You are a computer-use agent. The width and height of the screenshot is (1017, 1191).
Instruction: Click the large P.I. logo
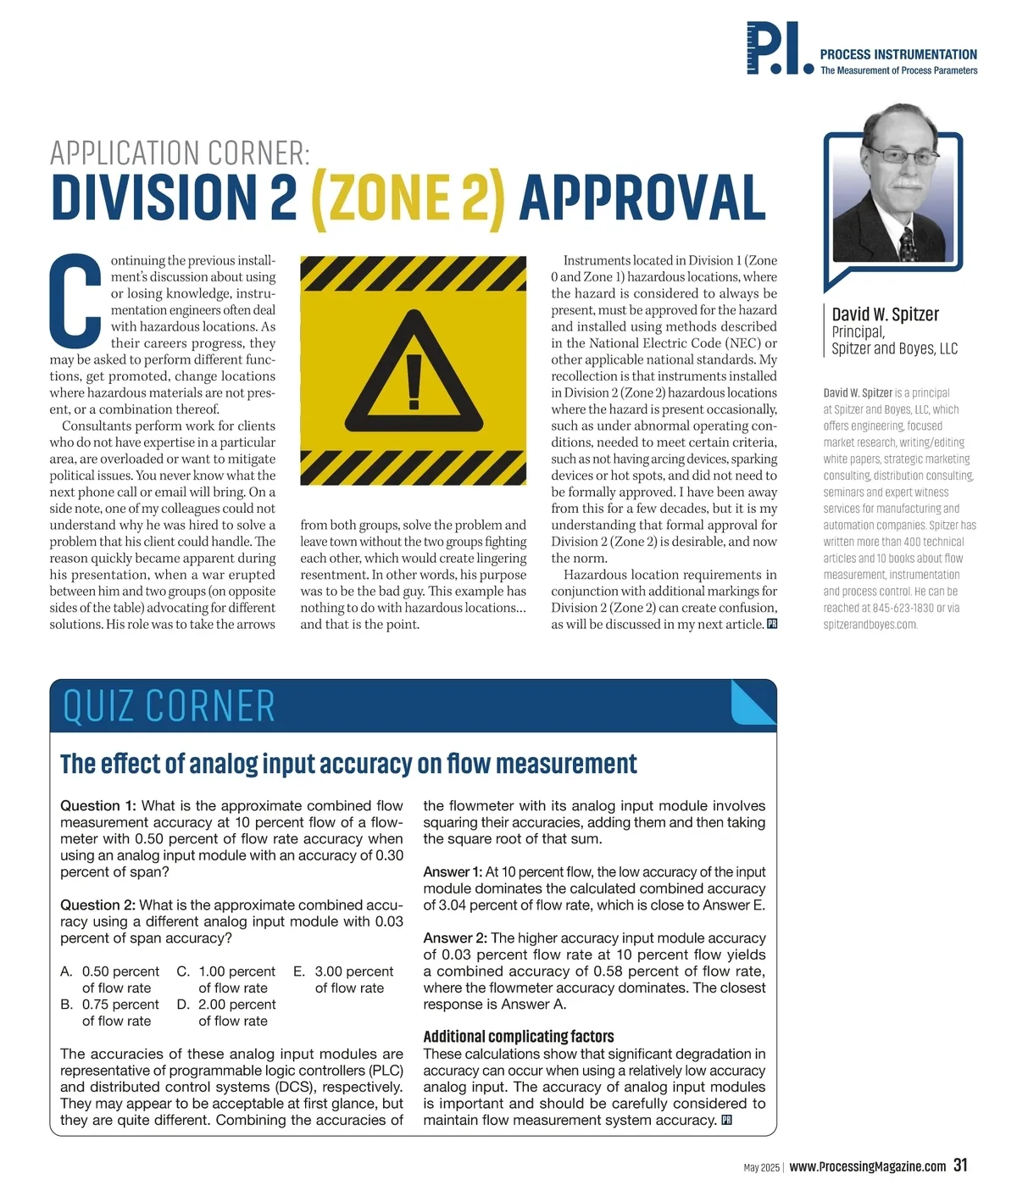point(779,50)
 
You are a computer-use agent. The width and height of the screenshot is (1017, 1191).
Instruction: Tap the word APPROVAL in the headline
point(642,198)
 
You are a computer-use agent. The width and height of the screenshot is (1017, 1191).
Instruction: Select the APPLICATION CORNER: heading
point(180,153)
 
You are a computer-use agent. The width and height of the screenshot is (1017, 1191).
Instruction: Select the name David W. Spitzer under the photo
point(885,314)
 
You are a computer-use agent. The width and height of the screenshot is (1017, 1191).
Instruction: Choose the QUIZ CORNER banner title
point(169,707)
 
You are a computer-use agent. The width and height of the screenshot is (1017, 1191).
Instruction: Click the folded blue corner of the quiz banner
point(753,701)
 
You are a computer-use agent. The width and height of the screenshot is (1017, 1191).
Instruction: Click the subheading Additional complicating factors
point(519,1036)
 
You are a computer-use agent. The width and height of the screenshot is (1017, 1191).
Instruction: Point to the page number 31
point(960,1165)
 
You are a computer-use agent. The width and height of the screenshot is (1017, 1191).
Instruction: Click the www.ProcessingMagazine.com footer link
point(868,1166)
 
